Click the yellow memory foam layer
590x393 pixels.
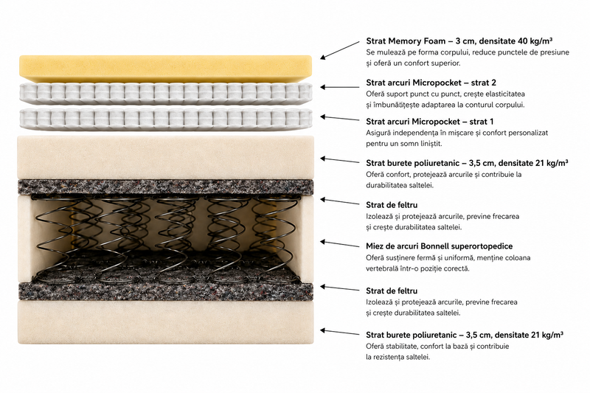[165, 69]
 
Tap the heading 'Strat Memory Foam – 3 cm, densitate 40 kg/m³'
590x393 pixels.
[459, 41]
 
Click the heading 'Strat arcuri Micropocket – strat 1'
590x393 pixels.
[430, 122]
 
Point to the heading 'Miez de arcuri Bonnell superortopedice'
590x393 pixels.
[439, 246]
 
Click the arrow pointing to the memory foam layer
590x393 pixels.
[340, 50]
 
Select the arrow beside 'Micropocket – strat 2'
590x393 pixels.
[340, 87]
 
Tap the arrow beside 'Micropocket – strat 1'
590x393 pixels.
[340, 119]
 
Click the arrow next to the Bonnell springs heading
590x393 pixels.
[340, 244]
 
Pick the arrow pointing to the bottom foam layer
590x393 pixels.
[340, 332]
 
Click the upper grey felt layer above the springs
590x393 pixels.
[165, 187]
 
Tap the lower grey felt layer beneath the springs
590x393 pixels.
[165, 292]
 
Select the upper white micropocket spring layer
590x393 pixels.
[165, 94]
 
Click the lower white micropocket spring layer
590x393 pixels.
[165, 119]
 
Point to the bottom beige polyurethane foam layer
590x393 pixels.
[165, 322]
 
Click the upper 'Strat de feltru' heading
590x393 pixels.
[392, 205]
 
